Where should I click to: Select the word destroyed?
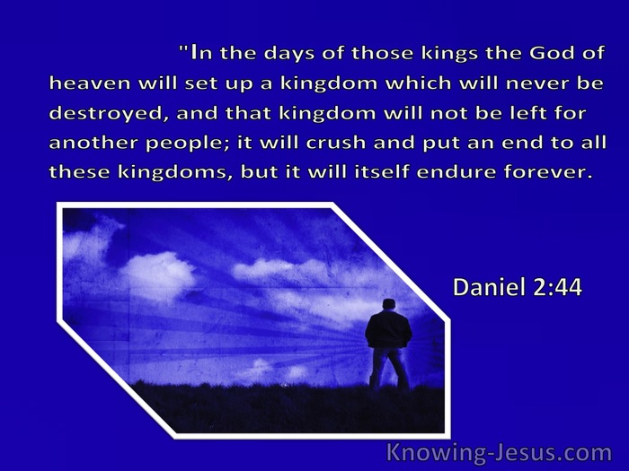107,114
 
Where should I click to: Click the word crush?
336,143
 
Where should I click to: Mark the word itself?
382,172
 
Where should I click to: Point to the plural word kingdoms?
175,173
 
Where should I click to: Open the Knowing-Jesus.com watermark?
500,453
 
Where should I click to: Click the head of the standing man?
388,304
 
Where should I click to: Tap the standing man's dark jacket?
388,329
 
